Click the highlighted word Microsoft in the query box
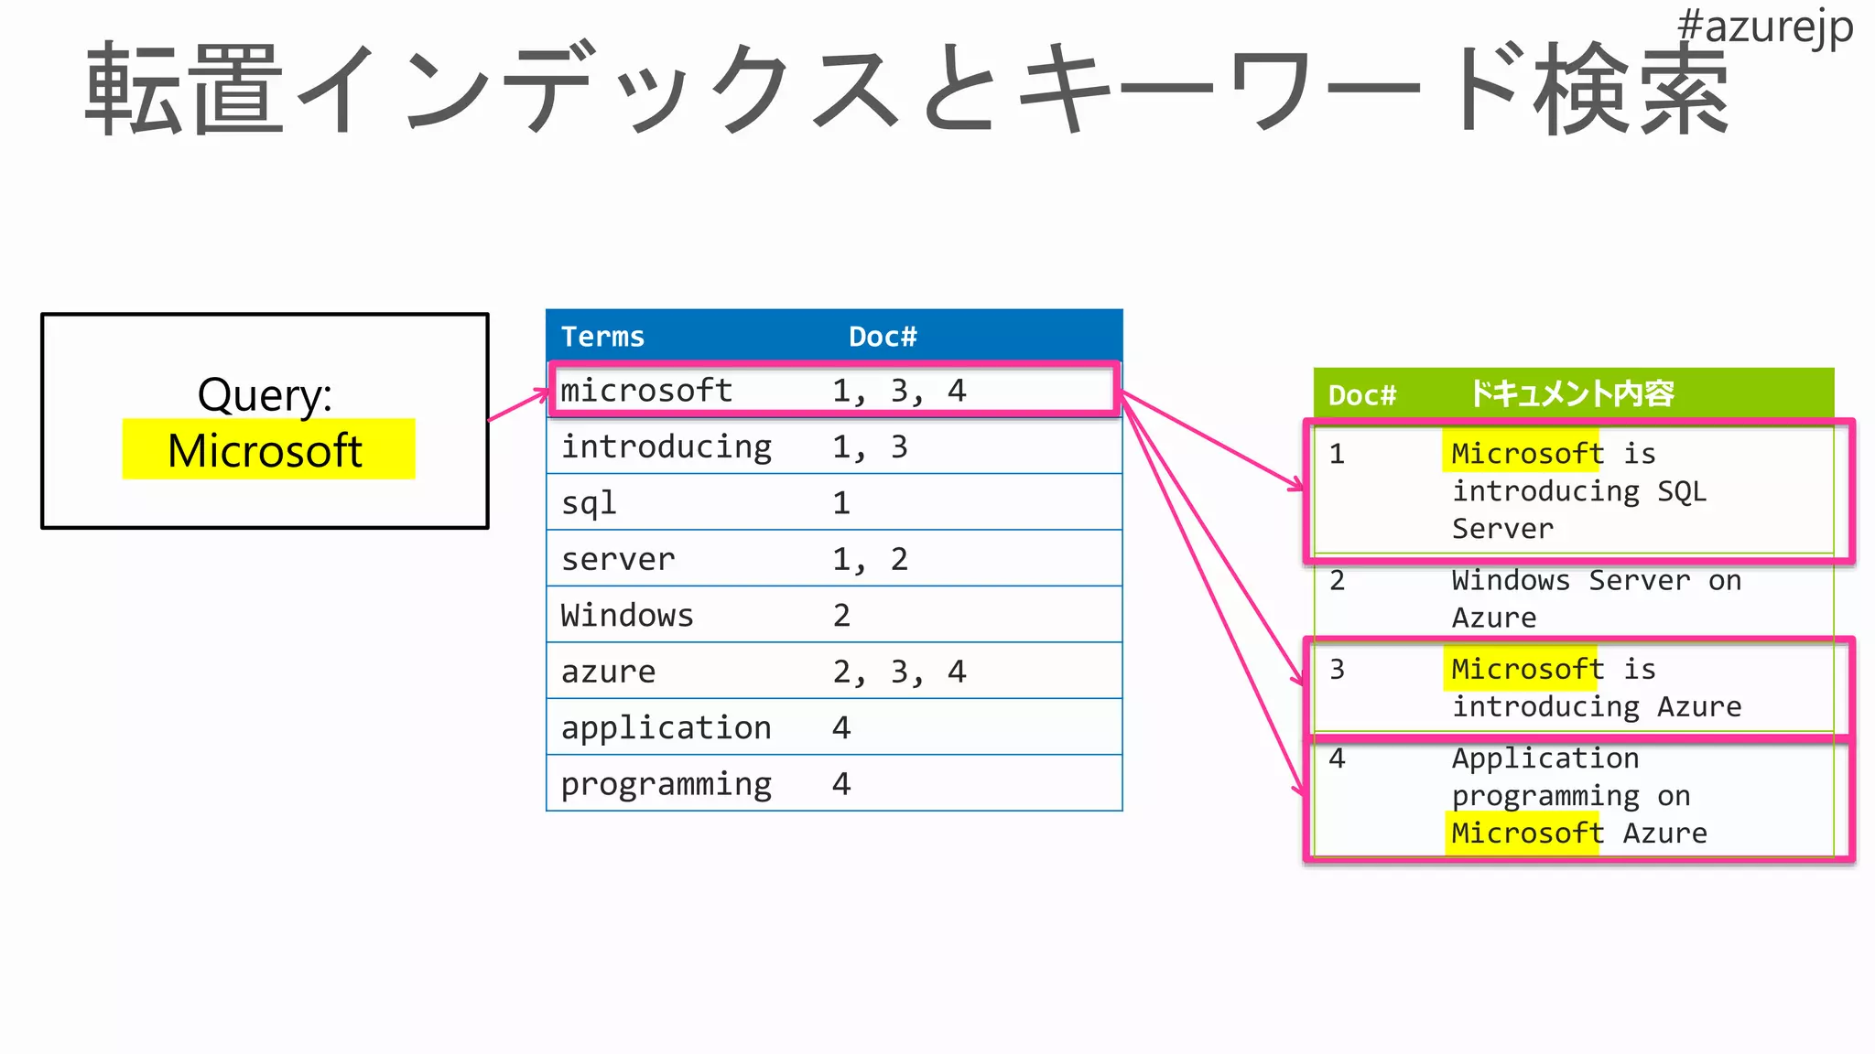[x=266, y=450]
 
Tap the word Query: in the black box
[x=265, y=394]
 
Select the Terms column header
[x=602, y=337]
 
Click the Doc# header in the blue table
[x=882, y=337]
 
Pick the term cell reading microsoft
[x=646, y=391]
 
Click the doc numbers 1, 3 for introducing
[x=869, y=446]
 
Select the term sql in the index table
[x=589, y=503]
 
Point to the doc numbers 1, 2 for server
[x=869, y=559]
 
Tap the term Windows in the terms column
[x=627, y=615]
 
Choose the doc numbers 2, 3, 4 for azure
[x=898, y=672]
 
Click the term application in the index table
[x=666, y=727]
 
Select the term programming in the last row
[x=666, y=784]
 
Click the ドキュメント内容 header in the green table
[x=1571, y=394]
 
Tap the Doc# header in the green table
[x=1361, y=395]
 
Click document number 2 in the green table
[x=1337, y=580]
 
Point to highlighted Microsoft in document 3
[x=1526, y=669]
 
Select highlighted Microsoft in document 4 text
[x=1526, y=833]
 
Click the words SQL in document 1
[x=1682, y=491]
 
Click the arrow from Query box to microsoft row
[x=518, y=406]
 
